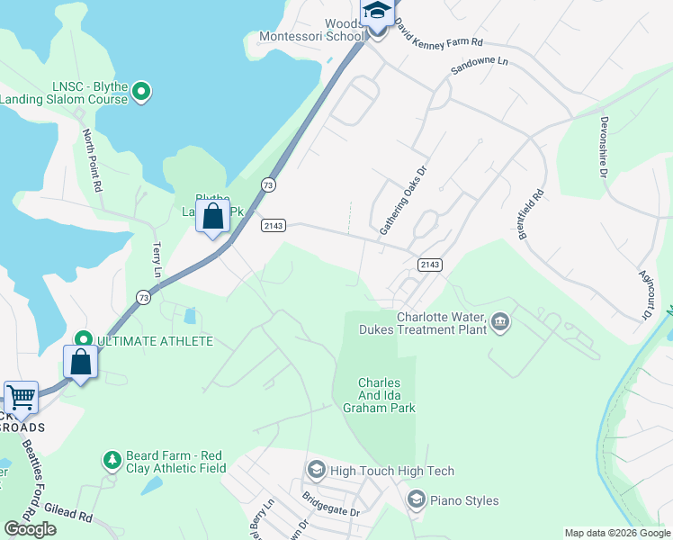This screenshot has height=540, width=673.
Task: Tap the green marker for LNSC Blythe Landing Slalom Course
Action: [x=141, y=90]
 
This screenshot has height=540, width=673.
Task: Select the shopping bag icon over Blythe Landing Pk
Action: [x=213, y=217]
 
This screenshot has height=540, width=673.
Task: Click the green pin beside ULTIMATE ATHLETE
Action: [x=84, y=340]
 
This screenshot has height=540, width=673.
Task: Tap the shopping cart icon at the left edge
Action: [x=21, y=396]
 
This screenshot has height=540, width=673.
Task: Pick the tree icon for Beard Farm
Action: [x=112, y=460]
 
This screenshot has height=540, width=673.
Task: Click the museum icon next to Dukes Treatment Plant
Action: [x=500, y=320]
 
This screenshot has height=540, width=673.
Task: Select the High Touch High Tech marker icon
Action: [x=316, y=470]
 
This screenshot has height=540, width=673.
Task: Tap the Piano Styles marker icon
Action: [x=416, y=499]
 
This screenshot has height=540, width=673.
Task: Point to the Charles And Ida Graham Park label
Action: [x=379, y=395]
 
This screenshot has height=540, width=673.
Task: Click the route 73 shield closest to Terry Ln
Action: [x=144, y=296]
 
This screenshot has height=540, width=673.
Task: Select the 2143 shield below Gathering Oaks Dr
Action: [x=430, y=264]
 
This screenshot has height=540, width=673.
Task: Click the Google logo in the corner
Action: [x=30, y=528]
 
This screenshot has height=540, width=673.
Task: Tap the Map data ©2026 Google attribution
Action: [x=617, y=533]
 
